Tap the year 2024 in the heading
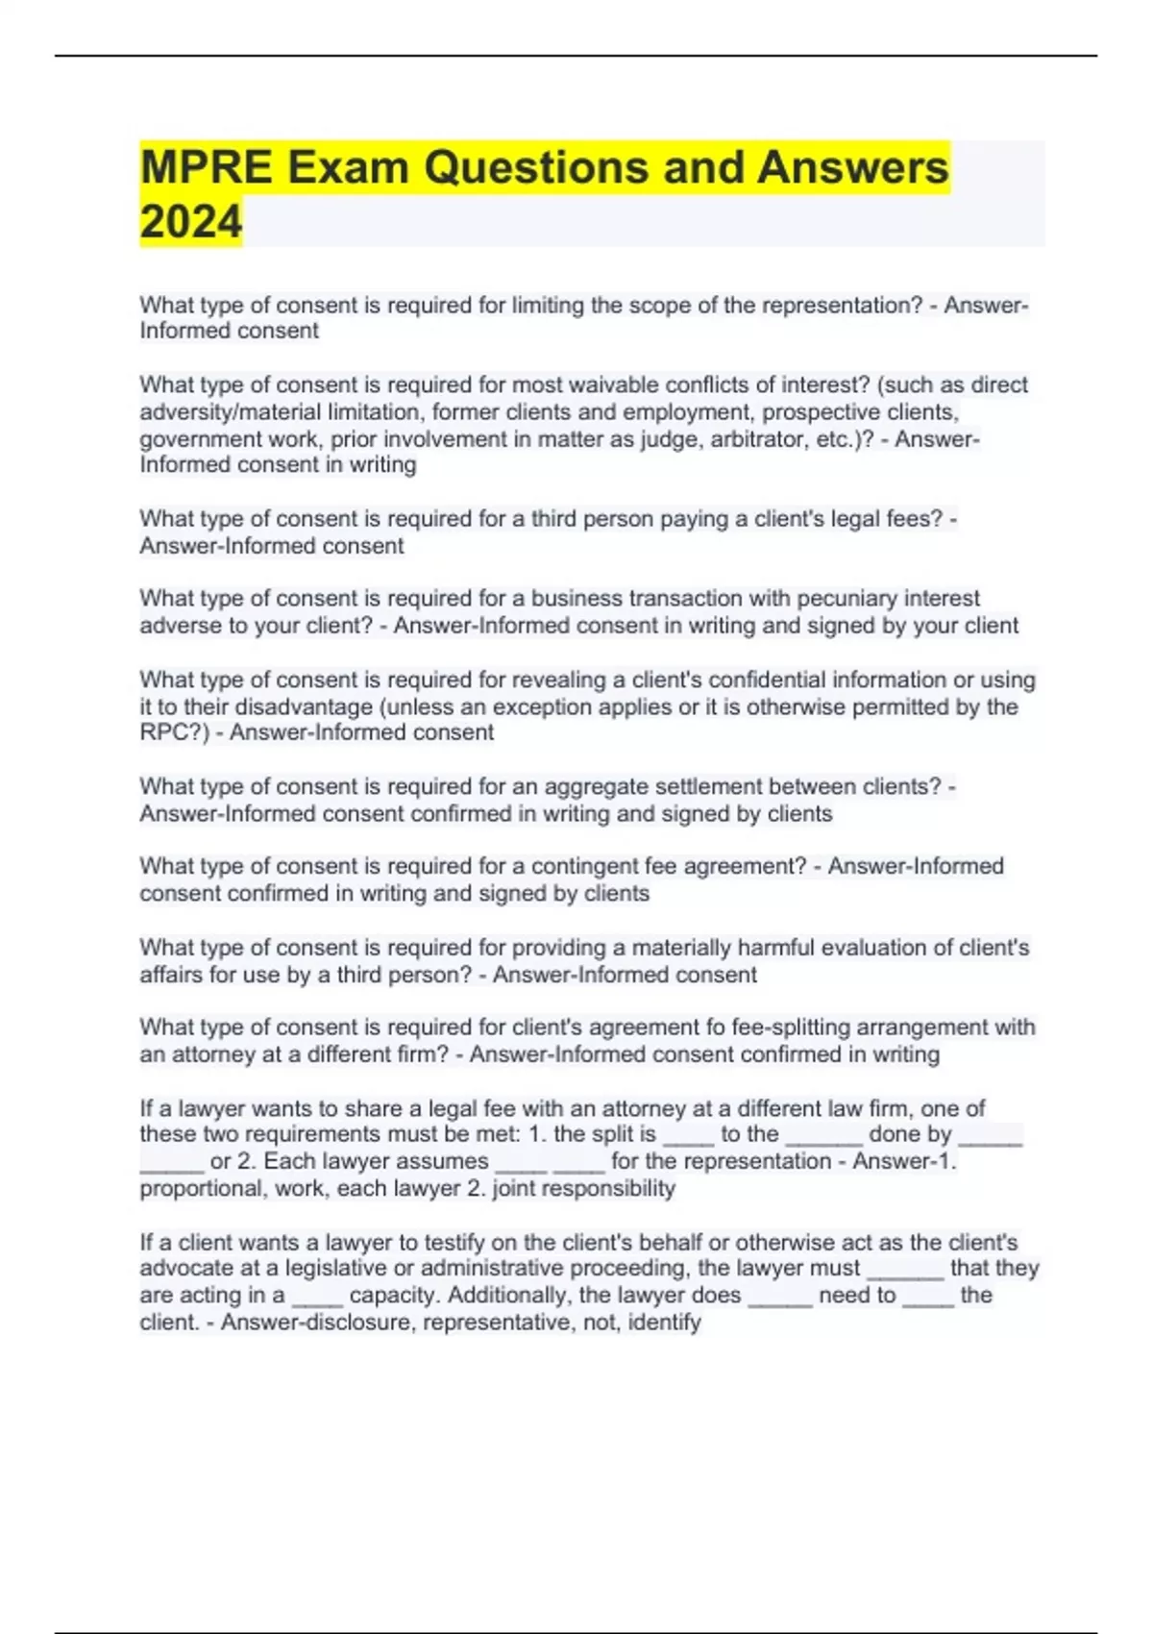point(190,222)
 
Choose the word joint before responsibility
point(518,1189)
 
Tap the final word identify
point(665,1323)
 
